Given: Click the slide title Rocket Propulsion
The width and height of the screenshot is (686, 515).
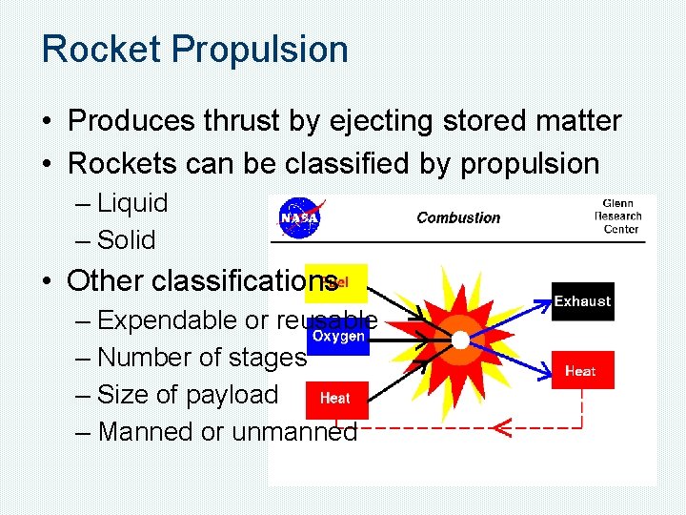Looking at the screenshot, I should pos(194,50).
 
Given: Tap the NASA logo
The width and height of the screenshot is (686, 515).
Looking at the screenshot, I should pos(300,218).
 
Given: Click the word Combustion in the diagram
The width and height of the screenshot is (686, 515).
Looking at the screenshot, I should pos(458,217).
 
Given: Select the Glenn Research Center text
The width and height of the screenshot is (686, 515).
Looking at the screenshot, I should pos(617,216).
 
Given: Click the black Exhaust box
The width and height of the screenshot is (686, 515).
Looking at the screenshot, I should pos(582,301).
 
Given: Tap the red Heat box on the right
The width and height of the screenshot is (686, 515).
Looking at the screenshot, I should pos(580,371).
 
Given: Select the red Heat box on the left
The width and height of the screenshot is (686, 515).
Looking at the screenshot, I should pos(335,399).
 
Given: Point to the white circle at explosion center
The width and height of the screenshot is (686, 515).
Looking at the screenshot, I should pos(460,340).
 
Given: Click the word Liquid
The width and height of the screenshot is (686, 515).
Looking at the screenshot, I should pos(132,203).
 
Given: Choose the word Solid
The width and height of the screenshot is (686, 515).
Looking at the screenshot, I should pos(127,240).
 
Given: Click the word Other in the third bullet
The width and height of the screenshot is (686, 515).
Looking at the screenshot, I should pos(106,281).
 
